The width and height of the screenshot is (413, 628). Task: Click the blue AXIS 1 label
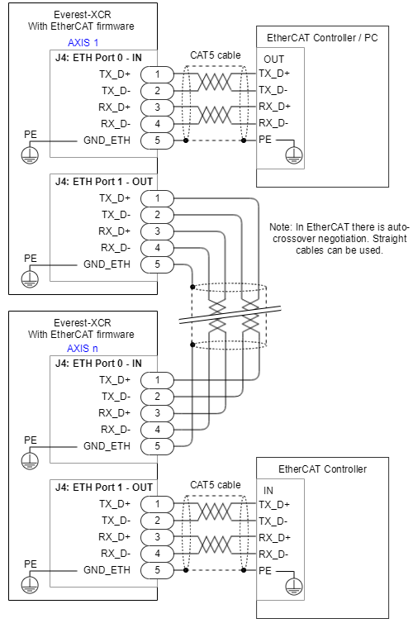(83, 43)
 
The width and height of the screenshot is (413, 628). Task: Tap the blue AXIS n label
(83, 349)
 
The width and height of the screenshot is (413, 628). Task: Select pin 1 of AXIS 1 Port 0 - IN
(157, 74)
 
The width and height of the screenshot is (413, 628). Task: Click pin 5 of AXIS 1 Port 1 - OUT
(157, 264)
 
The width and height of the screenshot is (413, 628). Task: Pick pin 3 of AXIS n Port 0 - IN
(157, 413)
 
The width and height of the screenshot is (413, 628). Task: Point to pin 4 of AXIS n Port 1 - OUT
(157, 554)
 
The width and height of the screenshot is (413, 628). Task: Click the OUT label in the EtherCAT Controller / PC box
(273, 59)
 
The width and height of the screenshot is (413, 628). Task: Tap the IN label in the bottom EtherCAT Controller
(268, 491)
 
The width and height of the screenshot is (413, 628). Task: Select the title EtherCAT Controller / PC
(322, 38)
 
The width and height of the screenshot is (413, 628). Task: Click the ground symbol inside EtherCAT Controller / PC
(294, 155)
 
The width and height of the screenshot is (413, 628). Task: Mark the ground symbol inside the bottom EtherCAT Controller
(294, 586)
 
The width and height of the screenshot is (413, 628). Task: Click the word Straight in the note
(390, 239)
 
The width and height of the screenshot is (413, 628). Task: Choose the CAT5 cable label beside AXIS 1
(216, 55)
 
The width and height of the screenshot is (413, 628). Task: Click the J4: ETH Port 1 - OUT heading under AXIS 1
(104, 182)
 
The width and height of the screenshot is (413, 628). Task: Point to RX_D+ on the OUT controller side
(274, 107)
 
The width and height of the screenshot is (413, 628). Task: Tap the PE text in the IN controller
(265, 570)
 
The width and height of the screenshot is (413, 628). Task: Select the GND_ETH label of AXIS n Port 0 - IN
(107, 446)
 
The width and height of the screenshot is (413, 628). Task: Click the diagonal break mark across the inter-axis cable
(230, 314)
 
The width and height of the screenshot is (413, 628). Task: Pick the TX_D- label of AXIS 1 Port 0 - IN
(116, 92)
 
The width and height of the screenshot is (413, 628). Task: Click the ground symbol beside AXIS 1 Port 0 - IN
(30, 155)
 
